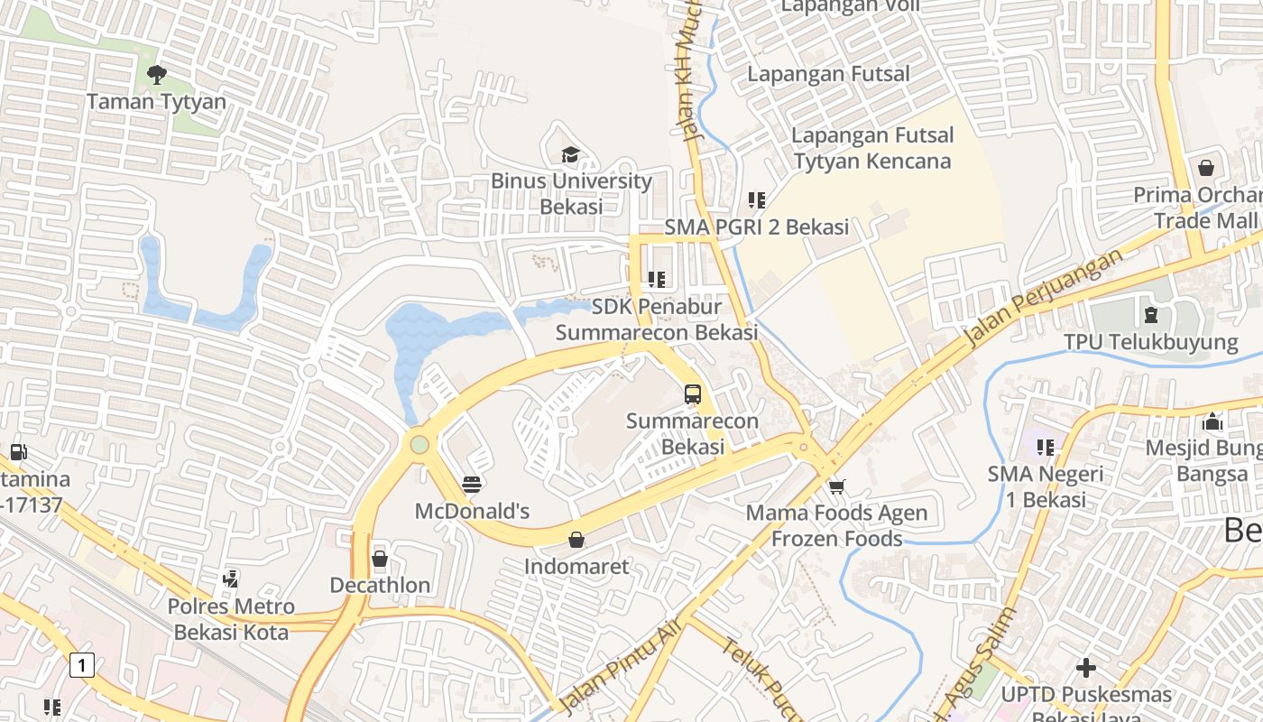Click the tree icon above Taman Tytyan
click(x=156, y=74)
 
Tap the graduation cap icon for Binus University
click(x=569, y=155)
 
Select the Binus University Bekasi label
click(x=571, y=193)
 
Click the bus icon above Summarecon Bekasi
click(x=693, y=394)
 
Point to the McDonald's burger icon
click(x=471, y=485)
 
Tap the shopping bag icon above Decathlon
click(x=380, y=559)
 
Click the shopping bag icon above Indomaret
click(x=576, y=540)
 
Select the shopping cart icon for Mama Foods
click(x=836, y=486)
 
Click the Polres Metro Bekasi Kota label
click(x=231, y=618)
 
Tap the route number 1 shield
click(x=81, y=666)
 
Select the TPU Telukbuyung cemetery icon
click(x=1150, y=315)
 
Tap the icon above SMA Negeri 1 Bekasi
click(x=1046, y=447)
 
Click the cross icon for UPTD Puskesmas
click(x=1086, y=668)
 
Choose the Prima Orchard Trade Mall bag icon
click(x=1205, y=168)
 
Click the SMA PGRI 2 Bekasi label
click(x=756, y=227)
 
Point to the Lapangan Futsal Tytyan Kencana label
click(x=871, y=148)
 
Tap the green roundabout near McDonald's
click(x=419, y=444)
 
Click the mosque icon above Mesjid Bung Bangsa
click(x=1212, y=421)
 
